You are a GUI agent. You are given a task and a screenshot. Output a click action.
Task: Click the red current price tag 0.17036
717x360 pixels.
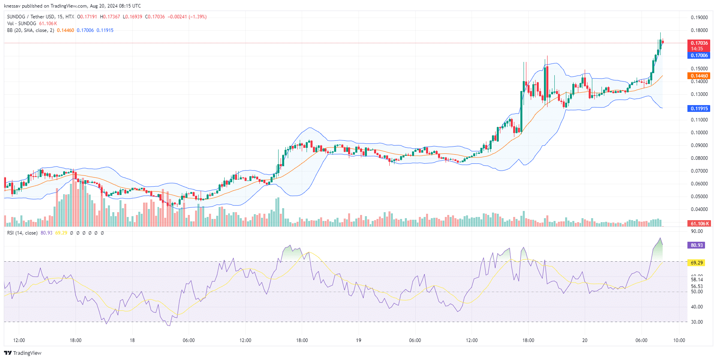tap(699, 43)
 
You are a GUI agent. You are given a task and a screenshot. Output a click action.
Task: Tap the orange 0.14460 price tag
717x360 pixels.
tap(699, 76)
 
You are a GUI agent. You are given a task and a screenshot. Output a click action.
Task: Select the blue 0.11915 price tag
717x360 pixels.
tap(699, 109)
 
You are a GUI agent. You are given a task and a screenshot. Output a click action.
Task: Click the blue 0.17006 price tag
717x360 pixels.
tap(699, 56)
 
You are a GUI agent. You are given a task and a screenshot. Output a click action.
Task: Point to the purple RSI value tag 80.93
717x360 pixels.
tap(697, 245)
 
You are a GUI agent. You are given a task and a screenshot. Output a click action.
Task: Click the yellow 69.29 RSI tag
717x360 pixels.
tap(697, 263)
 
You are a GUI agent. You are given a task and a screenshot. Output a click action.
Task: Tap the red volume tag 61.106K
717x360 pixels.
tap(699, 224)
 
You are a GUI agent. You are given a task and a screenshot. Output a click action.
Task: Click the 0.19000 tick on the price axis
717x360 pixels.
tap(699, 18)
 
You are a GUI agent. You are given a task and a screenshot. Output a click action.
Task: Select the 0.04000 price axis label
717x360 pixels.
tap(699, 209)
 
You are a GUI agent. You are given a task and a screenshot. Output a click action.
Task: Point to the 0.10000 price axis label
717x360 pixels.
tap(699, 133)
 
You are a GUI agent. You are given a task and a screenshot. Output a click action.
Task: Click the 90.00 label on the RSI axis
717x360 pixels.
tap(697, 231)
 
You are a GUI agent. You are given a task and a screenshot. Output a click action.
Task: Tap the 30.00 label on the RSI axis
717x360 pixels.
tap(697, 322)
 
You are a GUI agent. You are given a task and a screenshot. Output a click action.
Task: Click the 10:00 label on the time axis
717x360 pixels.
tap(679, 340)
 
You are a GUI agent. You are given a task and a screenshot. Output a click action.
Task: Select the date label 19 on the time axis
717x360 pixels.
tap(358, 340)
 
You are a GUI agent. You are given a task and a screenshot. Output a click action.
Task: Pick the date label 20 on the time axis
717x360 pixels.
tap(585, 340)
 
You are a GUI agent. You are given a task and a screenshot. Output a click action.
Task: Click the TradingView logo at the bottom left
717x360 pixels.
tap(23, 353)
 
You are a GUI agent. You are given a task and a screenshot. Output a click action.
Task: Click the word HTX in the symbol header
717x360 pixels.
tap(70, 17)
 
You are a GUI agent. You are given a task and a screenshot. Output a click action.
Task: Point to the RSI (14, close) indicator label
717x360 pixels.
tap(22, 233)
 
